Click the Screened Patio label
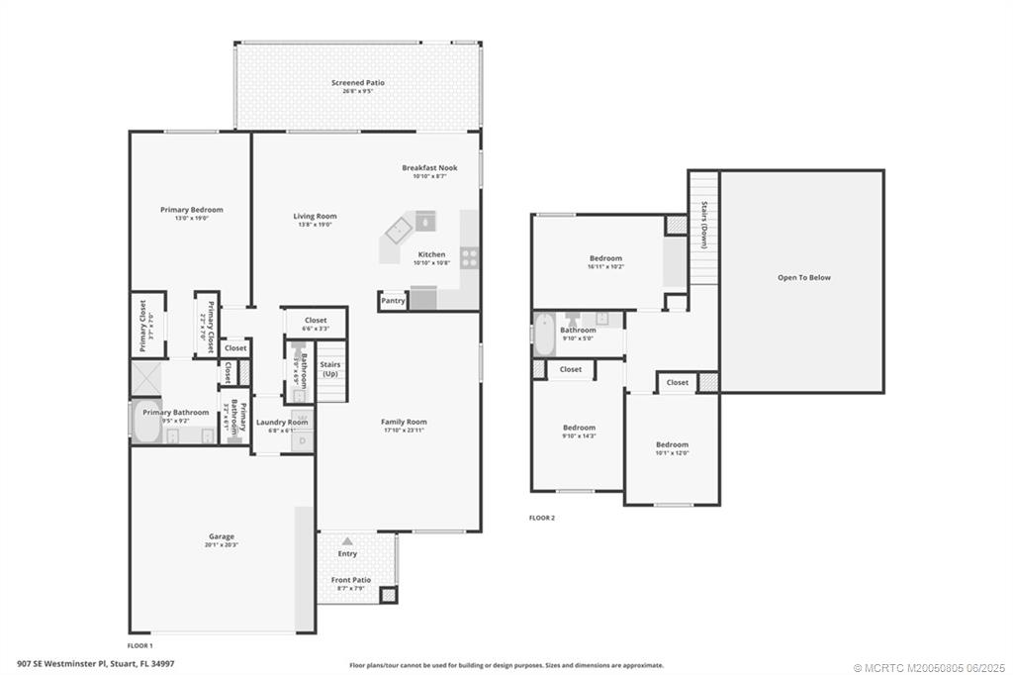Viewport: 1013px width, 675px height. click(x=357, y=83)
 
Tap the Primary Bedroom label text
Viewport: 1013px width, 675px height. click(x=192, y=210)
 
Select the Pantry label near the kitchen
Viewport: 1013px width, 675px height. click(x=393, y=301)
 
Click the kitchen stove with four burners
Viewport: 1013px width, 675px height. click(x=469, y=258)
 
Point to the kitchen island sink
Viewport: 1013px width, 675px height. click(x=425, y=219)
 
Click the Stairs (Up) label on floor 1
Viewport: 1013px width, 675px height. click(x=329, y=369)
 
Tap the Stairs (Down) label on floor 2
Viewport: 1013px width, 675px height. click(x=703, y=225)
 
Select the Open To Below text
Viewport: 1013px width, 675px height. click(x=803, y=278)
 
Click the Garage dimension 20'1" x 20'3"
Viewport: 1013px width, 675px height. click(x=222, y=545)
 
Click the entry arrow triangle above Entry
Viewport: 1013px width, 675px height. click(x=347, y=541)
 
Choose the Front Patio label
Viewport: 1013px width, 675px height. click(x=350, y=580)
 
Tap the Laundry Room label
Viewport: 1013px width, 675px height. click(x=282, y=423)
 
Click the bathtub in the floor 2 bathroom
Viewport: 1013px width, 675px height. click(x=544, y=335)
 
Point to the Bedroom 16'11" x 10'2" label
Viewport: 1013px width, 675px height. click(x=606, y=258)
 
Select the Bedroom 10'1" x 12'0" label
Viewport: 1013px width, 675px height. click(x=672, y=445)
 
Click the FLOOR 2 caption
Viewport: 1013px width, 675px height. click(x=542, y=518)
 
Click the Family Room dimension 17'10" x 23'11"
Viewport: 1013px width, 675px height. click(x=404, y=430)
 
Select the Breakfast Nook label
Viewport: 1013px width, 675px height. click(x=429, y=168)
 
